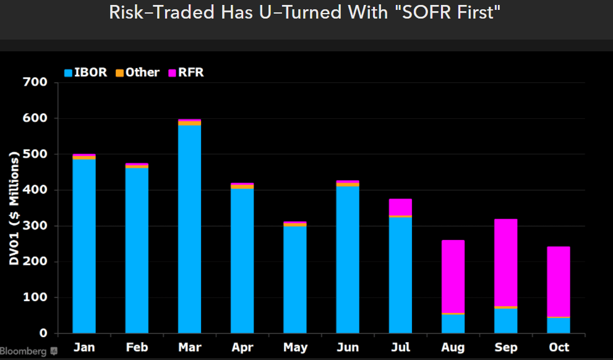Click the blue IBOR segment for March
189,229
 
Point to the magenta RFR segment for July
400,207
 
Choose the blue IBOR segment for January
84,246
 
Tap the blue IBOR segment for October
559,325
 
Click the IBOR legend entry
87,72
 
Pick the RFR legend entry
187,72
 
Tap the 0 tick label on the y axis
43,333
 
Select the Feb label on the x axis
137,348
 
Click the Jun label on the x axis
348,348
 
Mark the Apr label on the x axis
242,348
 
